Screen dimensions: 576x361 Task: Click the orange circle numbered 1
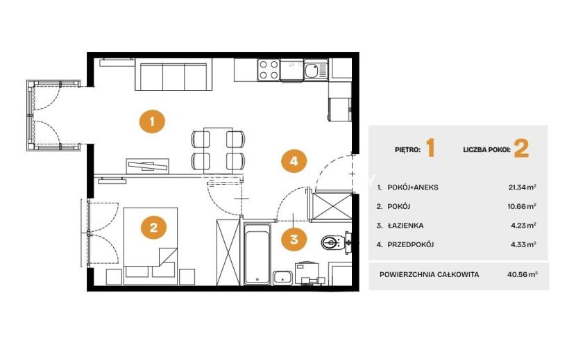tap(152, 121)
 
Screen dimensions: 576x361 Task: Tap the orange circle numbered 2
tap(153, 227)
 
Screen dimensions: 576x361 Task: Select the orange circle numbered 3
tap(294, 240)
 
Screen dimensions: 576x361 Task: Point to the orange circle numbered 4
tap(294, 160)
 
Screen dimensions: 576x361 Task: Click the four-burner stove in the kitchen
tap(269, 70)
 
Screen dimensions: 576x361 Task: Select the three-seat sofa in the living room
tap(173, 76)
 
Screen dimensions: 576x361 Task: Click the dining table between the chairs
tap(218, 151)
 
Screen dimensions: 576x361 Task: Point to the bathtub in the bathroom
tap(257, 253)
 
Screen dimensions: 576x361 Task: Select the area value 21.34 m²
tap(522, 187)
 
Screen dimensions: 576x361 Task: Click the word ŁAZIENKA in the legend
tap(405, 226)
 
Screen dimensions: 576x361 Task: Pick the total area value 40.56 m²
tap(523, 274)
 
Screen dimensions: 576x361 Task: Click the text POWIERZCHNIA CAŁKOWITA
tap(429, 275)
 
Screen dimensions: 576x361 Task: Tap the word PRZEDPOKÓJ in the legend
tap(411, 244)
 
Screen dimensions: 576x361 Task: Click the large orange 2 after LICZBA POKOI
tap(521, 149)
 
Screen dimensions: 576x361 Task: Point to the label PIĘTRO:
tap(408, 150)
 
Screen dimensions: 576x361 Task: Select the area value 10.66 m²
tap(522, 206)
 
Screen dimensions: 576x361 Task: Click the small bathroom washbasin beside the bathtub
tap(283, 278)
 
